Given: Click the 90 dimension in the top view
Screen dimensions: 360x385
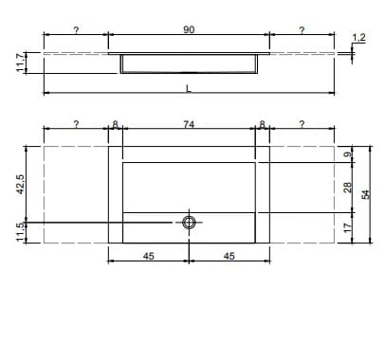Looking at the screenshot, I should [188, 30].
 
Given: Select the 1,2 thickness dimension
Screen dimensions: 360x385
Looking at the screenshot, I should [358, 37].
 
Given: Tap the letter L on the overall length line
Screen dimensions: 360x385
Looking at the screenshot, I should [189, 88].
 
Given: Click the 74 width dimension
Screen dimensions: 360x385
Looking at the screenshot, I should [188, 124].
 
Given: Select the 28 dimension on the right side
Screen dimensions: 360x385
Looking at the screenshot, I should [347, 189].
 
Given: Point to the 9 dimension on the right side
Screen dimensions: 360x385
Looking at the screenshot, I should [347, 154].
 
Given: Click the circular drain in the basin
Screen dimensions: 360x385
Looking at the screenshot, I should [189, 223].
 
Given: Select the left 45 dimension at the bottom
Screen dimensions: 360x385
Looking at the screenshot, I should [148, 255].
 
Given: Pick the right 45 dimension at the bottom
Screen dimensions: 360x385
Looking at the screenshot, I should [229, 255].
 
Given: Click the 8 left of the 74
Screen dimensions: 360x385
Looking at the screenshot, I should [115, 124].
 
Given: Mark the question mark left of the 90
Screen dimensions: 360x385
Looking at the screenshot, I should [76, 30].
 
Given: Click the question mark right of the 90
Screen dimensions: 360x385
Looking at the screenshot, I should [301, 30].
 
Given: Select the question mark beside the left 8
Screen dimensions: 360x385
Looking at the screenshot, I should [76, 124].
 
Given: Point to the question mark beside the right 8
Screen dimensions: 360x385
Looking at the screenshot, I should [301, 124].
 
